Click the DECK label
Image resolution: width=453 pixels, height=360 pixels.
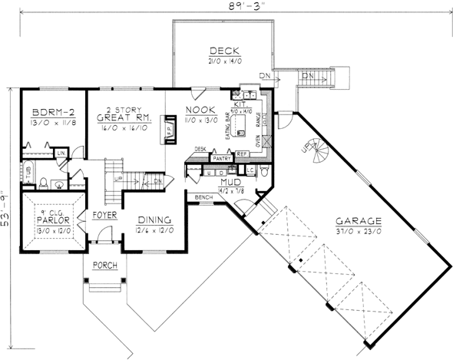[x=222, y=51]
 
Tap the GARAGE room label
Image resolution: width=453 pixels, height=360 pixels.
[x=359, y=220]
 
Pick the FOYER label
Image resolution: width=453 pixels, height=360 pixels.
[x=104, y=215]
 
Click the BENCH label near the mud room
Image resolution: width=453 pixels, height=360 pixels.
[x=204, y=197]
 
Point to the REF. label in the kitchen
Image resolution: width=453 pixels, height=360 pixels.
[x=241, y=154]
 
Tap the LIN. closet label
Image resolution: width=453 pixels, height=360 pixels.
[x=60, y=154]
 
